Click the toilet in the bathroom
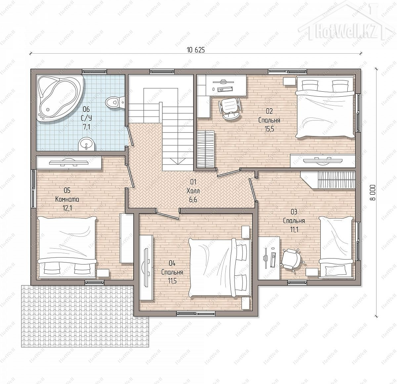pos(115,102)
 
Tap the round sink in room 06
pos(86,144)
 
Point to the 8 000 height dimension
pos(372,193)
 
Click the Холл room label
pos(193,191)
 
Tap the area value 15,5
pos(269,129)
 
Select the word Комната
pos(67,199)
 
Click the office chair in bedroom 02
pos(230,108)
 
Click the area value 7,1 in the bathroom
pos(86,127)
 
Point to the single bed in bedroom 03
pos(336,247)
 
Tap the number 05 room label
pos(67,190)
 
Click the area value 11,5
pos(172,281)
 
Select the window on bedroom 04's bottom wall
pos(196,313)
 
